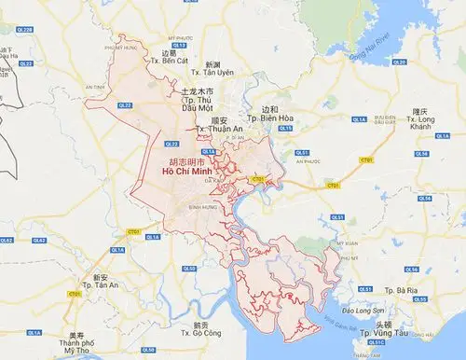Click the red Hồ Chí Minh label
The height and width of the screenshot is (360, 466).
tap(190, 172)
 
